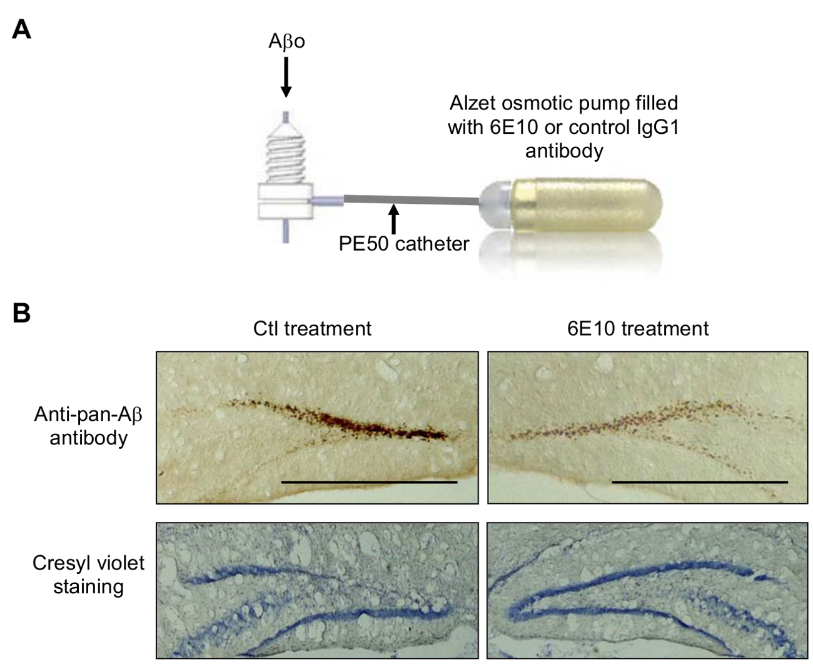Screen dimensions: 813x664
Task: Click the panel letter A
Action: pos(22,29)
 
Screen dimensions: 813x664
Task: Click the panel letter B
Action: pos(21,313)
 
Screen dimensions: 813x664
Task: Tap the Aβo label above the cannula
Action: pos(286,42)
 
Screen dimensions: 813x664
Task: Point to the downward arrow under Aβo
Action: pos(286,78)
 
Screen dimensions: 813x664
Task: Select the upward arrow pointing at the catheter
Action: pos(393,219)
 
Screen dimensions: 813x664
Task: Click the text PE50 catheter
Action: pos(403,243)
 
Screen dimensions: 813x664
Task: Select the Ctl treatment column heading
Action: pos(312,328)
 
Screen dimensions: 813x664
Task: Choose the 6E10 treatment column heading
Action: pos(638,328)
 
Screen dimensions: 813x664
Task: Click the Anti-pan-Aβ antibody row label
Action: pos(88,426)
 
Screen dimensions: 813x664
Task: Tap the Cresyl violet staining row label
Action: pos(88,575)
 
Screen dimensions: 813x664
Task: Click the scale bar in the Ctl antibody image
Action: pos(369,482)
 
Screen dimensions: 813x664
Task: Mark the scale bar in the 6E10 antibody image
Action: pos(700,482)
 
